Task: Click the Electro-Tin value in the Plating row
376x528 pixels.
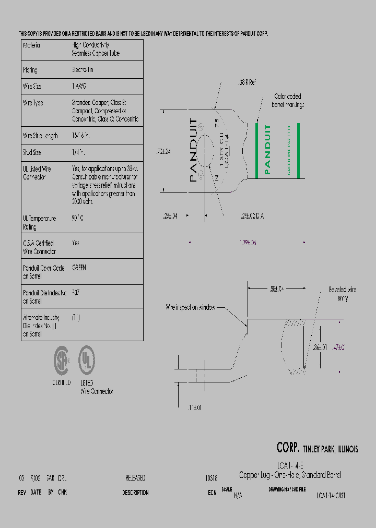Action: (x=83, y=69)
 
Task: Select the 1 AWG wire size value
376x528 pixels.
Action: (x=79, y=87)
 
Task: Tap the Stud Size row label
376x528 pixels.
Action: (x=32, y=153)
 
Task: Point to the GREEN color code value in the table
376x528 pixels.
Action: (x=79, y=268)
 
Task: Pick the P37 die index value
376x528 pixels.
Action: (x=76, y=293)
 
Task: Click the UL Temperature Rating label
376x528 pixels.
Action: (x=39, y=223)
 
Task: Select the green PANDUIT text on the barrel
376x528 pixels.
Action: (x=268, y=150)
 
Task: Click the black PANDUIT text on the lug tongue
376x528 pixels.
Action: (x=194, y=150)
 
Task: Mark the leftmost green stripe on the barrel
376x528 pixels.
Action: (x=257, y=150)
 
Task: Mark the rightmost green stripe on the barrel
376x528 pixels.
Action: (x=298, y=150)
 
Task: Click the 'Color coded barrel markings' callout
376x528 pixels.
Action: (x=288, y=101)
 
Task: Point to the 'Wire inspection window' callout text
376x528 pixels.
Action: (x=191, y=308)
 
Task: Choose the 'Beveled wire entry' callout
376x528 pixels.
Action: (x=343, y=294)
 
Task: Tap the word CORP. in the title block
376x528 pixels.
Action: (x=288, y=448)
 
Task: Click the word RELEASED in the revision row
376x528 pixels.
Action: (x=135, y=478)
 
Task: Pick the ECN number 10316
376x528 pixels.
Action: (x=211, y=478)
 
